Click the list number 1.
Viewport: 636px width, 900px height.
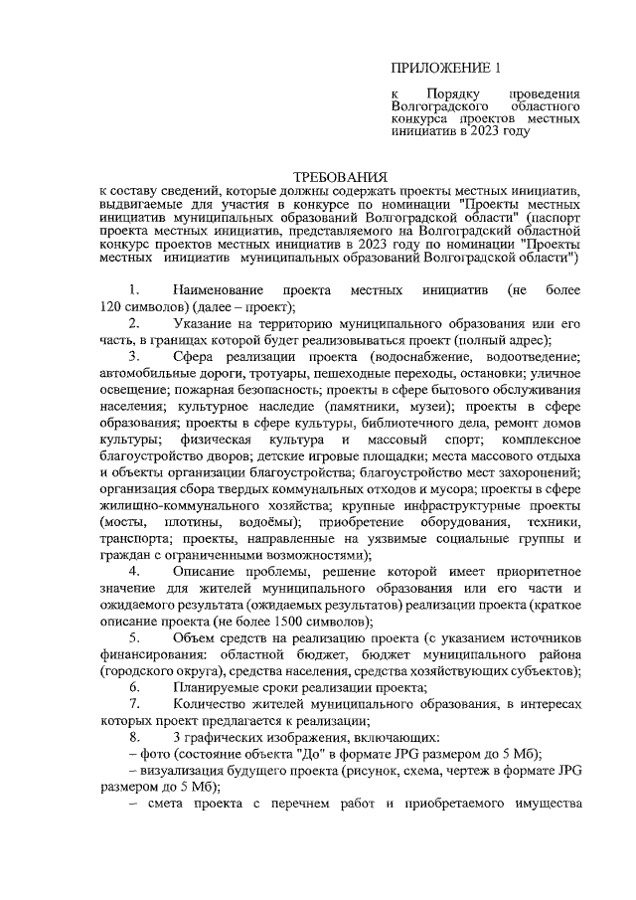point(134,289)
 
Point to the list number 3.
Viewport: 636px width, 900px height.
point(134,356)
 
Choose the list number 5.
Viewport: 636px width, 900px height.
point(134,636)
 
